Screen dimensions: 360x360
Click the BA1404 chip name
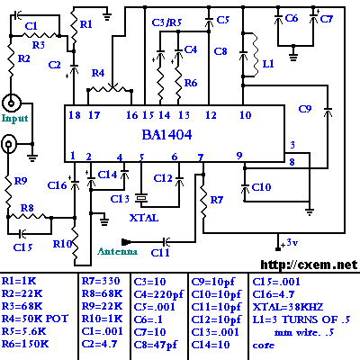[166, 135]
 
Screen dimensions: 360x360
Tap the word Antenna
[117, 251]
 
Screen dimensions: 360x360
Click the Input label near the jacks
[14, 119]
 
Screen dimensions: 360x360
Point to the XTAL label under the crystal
[144, 218]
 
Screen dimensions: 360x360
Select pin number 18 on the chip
[75, 115]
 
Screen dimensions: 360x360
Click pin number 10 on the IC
[245, 114]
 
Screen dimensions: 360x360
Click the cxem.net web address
[309, 265]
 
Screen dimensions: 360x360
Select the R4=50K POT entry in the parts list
[35, 319]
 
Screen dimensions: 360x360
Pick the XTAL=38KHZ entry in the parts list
[288, 307]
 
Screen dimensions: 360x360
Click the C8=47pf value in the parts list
[156, 345]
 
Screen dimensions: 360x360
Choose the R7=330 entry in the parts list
[101, 281]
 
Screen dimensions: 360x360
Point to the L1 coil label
[268, 64]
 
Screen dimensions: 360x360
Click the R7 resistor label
[217, 200]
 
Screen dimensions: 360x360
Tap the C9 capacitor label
[305, 109]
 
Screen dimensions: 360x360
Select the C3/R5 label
[166, 22]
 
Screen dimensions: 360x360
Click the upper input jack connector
[12, 103]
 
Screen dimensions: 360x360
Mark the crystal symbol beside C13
[141, 198]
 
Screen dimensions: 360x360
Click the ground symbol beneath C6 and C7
[293, 55]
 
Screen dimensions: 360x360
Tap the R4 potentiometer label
[98, 73]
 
